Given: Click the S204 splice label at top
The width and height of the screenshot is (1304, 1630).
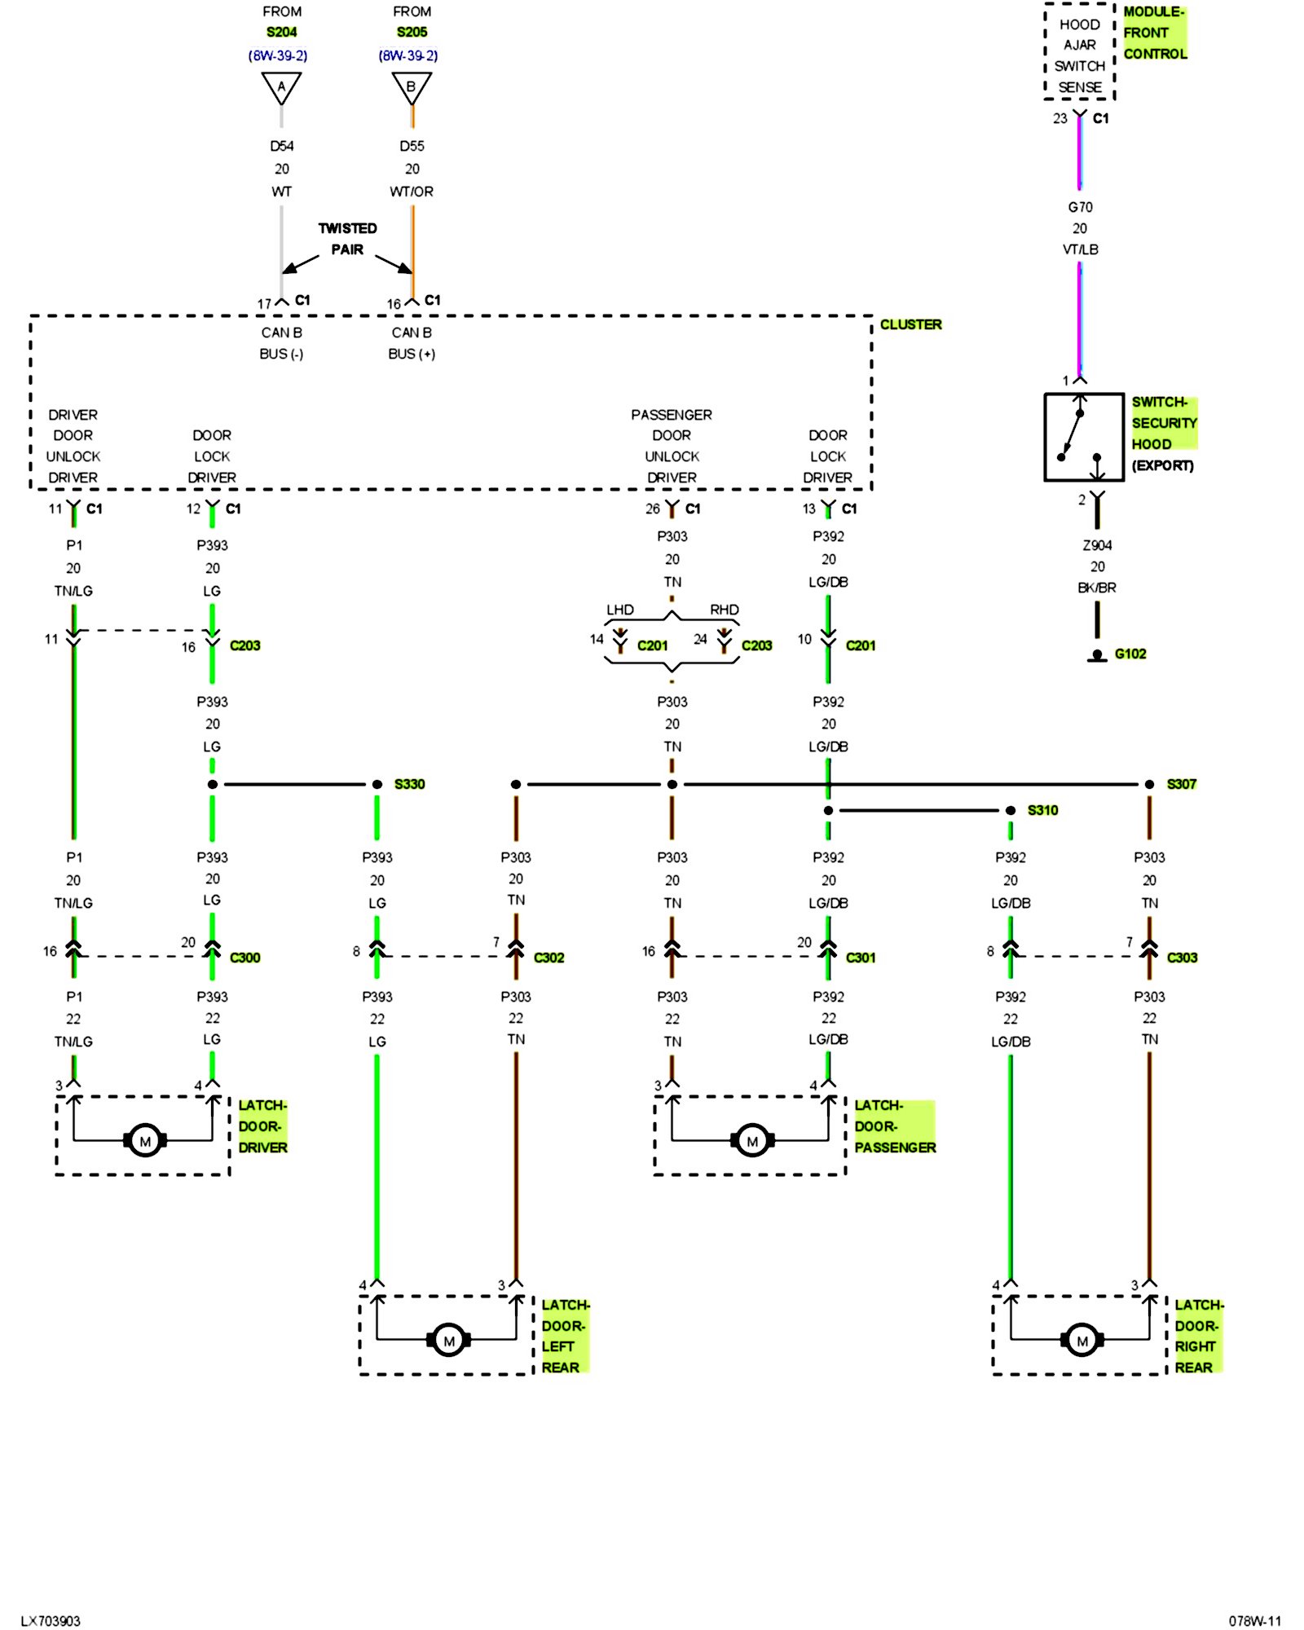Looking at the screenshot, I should (x=281, y=33).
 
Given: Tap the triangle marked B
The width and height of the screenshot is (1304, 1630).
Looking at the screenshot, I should (x=412, y=86).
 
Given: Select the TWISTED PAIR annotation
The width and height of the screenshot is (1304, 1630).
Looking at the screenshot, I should (x=347, y=239).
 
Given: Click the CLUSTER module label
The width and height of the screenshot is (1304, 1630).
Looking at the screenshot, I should (x=910, y=324).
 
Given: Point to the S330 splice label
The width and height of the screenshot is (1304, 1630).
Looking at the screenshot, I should (x=409, y=784).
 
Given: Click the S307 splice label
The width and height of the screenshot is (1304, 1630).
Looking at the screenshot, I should (x=1181, y=784).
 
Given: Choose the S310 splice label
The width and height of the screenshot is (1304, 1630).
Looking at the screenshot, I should (x=1042, y=810).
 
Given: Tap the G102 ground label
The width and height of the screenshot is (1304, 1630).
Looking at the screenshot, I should (x=1130, y=654).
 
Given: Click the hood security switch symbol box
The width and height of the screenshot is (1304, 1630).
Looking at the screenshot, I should (x=1084, y=438).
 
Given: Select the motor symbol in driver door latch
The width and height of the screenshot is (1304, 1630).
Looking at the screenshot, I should (x=145, y=1141).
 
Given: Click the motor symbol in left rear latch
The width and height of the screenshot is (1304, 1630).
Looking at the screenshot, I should (x=448, y=1341).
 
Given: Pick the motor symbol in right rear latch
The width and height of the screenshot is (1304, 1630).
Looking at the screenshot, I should (x=1082, y=1341).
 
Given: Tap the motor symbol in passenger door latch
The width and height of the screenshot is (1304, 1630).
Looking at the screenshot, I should (x=751, y=1141).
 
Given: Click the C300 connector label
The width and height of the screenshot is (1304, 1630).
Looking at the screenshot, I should (x=244, y=958).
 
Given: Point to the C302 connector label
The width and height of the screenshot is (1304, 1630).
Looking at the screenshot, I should (x=548, y=958).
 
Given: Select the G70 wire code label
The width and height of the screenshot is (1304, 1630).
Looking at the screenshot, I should (x=1080, y=207).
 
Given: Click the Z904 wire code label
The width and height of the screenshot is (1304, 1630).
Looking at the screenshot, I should (x=1097, y=545).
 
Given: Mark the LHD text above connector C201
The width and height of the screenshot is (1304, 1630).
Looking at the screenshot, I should (x=619, y=610).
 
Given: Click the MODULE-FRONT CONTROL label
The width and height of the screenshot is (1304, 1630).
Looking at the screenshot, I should (x=1154, y=33).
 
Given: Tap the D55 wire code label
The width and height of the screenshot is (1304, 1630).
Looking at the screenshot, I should (x=412, y=146).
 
